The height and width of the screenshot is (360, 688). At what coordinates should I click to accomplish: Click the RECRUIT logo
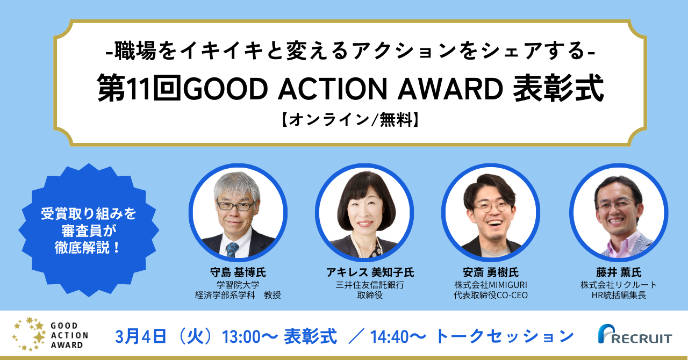(634, 336)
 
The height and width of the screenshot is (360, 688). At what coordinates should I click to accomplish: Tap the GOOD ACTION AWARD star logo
(51, 335)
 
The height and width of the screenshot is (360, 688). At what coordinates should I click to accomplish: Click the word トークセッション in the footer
(504, 336)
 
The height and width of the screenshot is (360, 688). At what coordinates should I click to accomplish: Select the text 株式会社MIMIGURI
(490, 285)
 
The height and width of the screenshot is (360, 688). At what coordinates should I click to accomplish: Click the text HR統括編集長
(618, 296)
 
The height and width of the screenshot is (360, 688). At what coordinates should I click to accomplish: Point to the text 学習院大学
(238, 285)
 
